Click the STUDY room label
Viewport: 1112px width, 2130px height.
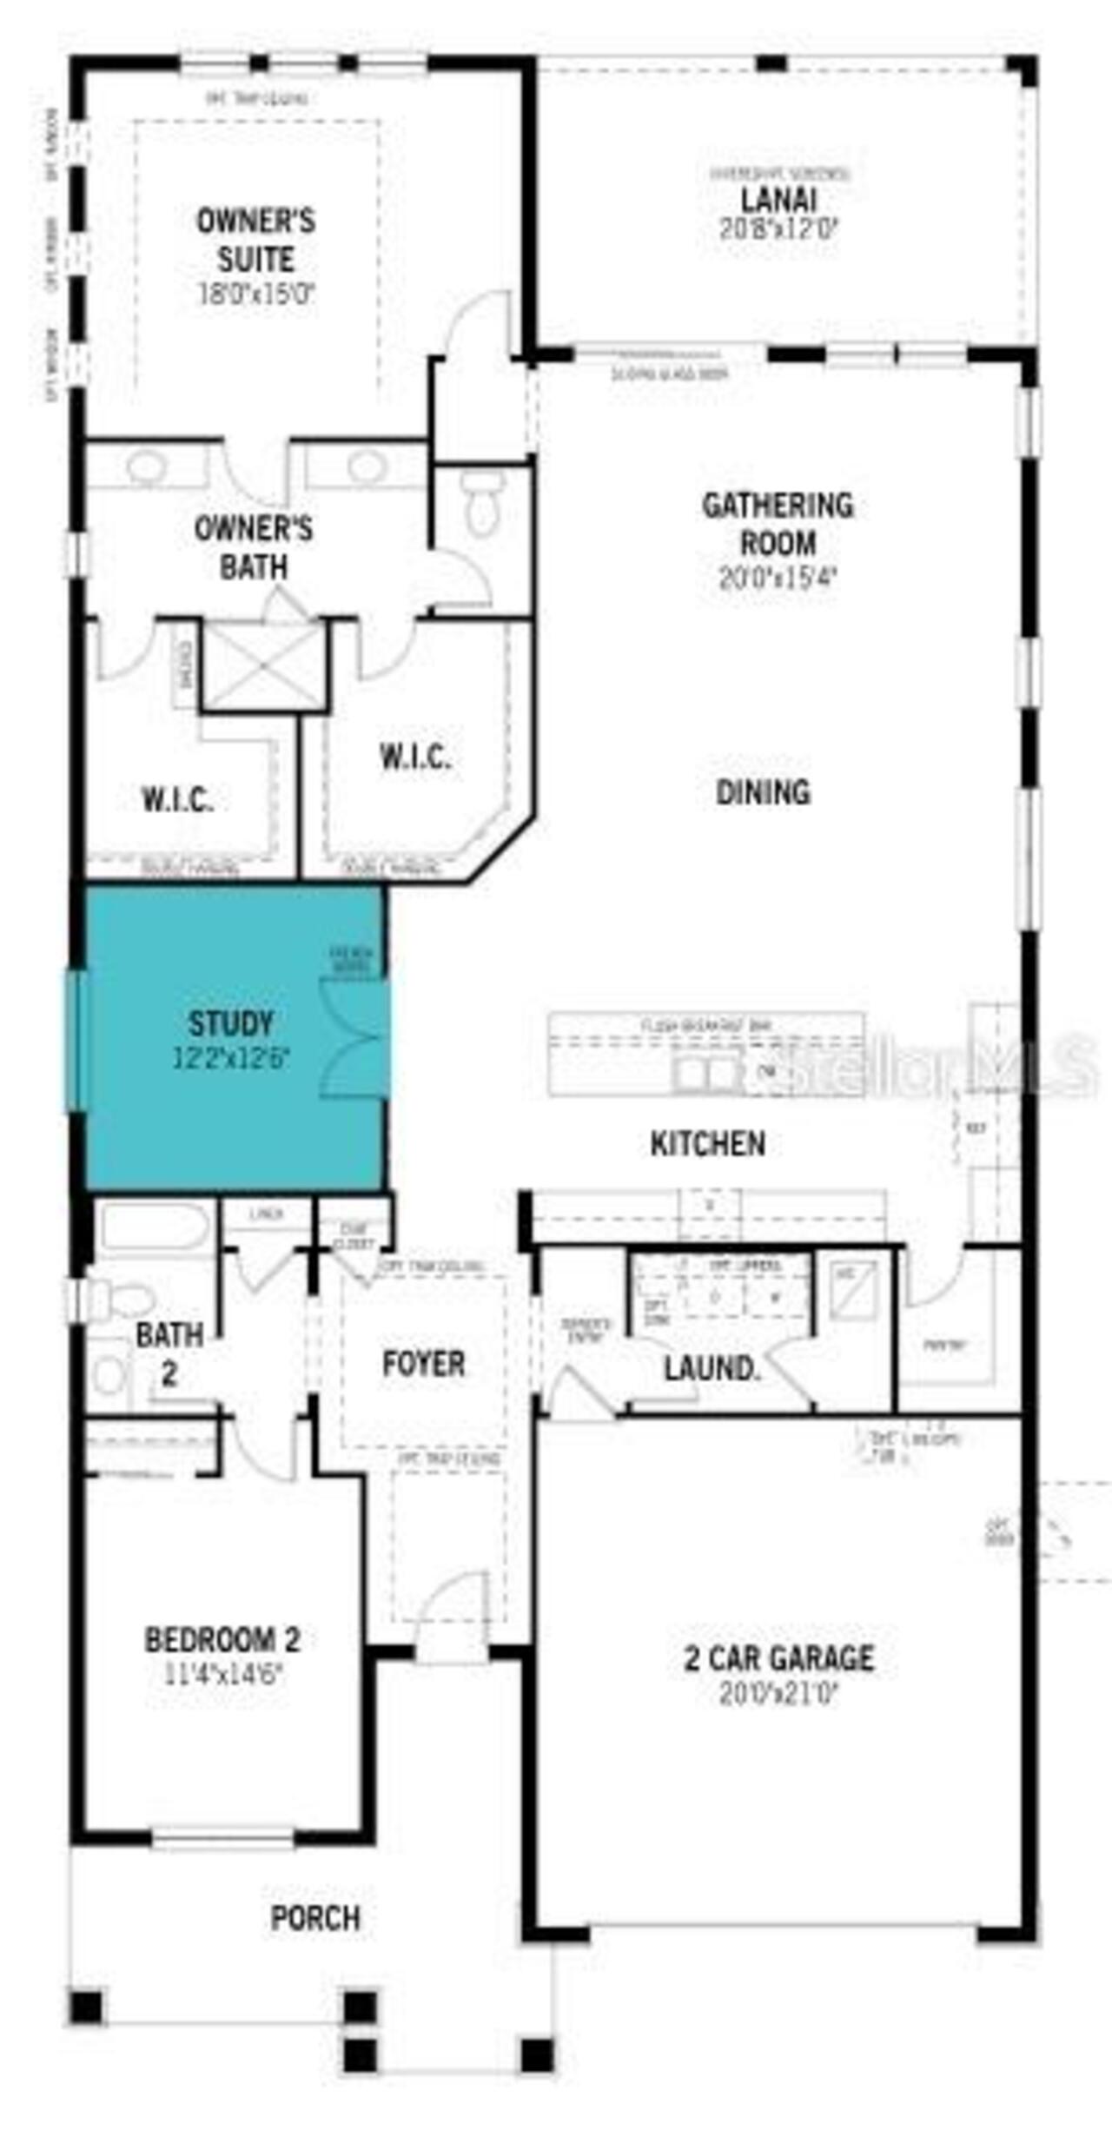point(230,1023)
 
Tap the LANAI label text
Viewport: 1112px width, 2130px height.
point(778,200)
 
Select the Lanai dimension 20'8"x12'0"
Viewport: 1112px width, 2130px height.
point(778,228)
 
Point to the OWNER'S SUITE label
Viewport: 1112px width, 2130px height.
point(255,240)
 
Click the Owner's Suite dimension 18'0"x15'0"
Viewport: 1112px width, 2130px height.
point(255,294)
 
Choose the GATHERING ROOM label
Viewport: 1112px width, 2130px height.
point(778,524)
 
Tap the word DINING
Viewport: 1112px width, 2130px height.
point(763,791)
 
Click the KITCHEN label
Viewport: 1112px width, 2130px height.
point(707,1143)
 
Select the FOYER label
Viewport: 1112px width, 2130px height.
point(423,1363)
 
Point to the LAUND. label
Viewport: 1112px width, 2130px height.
point(712,1369)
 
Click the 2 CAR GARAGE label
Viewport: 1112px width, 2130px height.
point(778,1658)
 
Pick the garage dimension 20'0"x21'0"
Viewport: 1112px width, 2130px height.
point(778,1692)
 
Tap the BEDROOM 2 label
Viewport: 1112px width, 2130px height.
point(222,1639)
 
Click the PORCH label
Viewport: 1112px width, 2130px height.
point(315,1917)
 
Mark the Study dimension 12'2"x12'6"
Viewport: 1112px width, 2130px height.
point(230,1058)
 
